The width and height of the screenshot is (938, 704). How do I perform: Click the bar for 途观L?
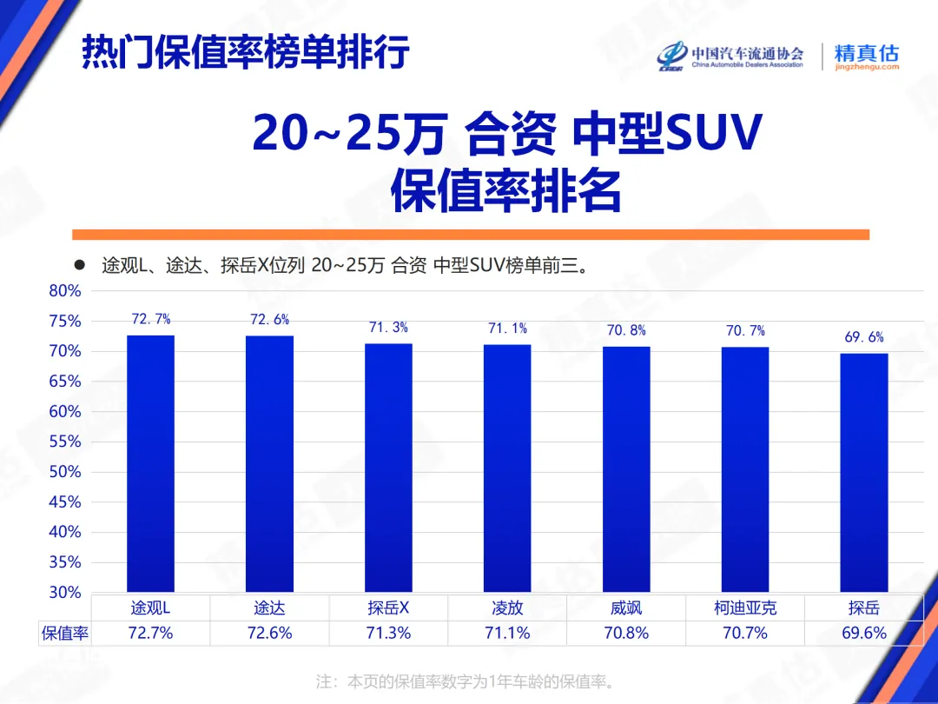tap(150, 463)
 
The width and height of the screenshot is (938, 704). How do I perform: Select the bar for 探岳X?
tap(388, 468)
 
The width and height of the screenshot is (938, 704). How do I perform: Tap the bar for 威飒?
tap(626, 469)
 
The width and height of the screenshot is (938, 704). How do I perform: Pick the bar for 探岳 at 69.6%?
tap(864, 473)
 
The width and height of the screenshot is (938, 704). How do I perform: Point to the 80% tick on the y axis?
tap(65, 291)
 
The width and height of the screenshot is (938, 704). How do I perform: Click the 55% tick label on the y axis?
tap(65, 442)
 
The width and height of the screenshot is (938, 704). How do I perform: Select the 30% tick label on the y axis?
tap(65, 593)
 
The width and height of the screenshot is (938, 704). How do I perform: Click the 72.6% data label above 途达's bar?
tap(269, 320)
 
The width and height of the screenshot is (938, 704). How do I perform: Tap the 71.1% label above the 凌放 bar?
tap(507, 329)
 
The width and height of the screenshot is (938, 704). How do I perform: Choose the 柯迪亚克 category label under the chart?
tap(745, 608)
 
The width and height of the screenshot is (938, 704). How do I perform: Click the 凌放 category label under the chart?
tap(507, 608)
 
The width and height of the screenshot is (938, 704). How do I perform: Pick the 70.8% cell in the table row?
tap(626, 633)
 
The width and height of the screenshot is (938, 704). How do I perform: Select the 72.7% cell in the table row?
tap(150, 633)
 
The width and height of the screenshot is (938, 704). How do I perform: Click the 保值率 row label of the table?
tap(65, 633)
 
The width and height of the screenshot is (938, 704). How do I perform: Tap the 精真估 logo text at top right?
tap(866, 53)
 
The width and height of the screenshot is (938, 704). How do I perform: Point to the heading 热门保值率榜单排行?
tap(245, 52)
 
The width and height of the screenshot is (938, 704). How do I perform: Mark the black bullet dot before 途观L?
tap(79, 264)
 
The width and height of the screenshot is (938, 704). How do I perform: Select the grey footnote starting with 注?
tap(469, 681)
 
